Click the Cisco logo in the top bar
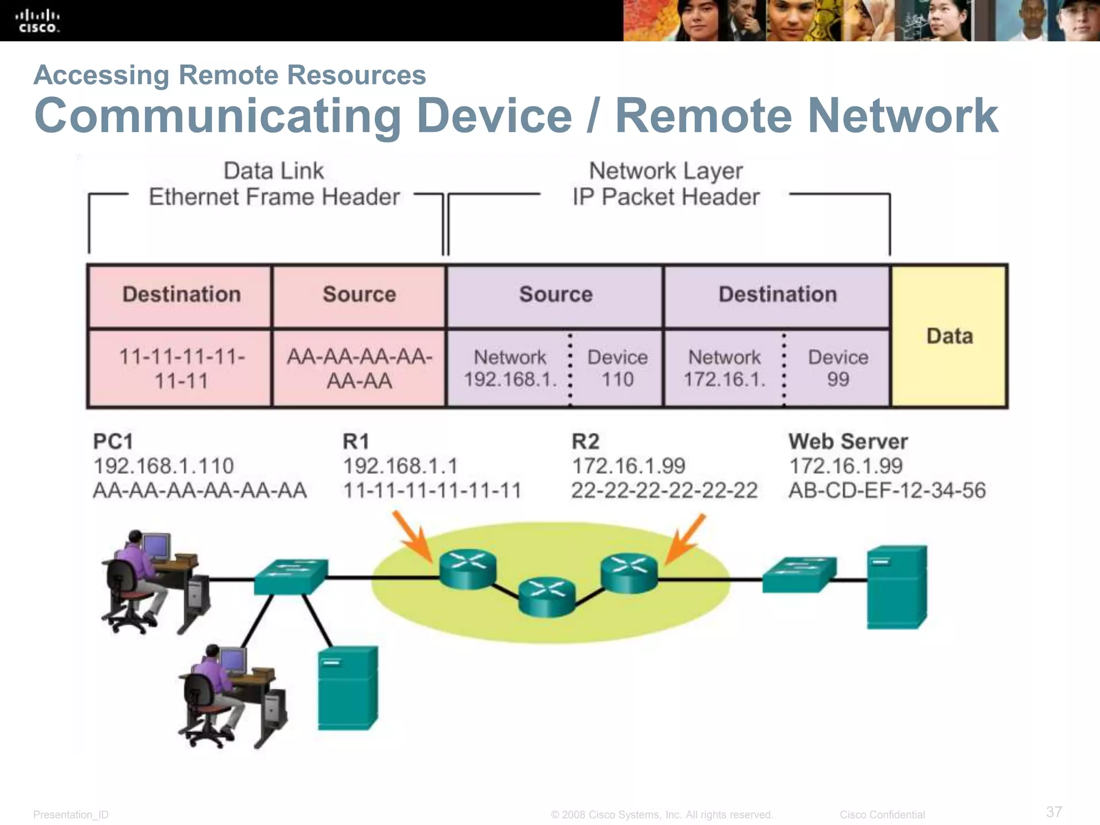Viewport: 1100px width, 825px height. tap(37, 21)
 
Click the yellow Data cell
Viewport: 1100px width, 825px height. tap(949, 336)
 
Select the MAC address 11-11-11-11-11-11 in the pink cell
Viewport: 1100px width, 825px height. tap(181, 368)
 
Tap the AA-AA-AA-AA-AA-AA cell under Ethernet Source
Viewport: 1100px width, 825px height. tap(359, 368)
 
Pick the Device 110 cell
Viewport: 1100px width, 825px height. tap(617, 368)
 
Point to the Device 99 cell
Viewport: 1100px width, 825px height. tap(837, 368)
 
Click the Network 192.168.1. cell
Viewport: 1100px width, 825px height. tap(510, 368)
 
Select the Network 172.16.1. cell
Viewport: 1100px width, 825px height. tap(724, 368)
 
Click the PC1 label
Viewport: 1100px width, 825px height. tap(113, 442)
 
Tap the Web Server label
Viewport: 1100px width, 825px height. tap(848, 442)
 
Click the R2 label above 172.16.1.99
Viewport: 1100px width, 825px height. tap(585, 442)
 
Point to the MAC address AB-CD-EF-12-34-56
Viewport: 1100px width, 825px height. tap(887, 490)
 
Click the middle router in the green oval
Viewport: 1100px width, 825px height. tap(547, 596)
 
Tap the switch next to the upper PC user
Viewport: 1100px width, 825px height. tap(291, 576)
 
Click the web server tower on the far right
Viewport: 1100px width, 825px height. tap(896, 587)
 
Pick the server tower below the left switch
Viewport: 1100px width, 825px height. tap(348, 687)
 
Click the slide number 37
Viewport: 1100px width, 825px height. tap(1054, 812)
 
